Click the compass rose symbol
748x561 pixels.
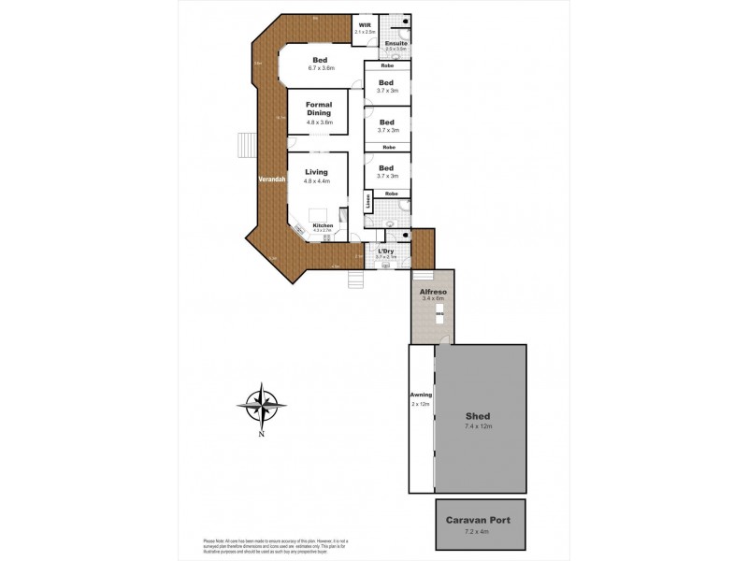[262, 405]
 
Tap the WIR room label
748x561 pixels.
[364, 26]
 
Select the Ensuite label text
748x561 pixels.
[395, 42]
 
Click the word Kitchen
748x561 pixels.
[323, 225]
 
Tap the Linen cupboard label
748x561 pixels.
[368, 200]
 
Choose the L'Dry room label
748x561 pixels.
[386, 251]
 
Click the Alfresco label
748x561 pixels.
[432, 293]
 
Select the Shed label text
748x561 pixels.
[478, 416]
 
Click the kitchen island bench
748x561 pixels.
[319, 212]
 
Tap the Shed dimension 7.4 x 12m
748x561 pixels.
[478, 426]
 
